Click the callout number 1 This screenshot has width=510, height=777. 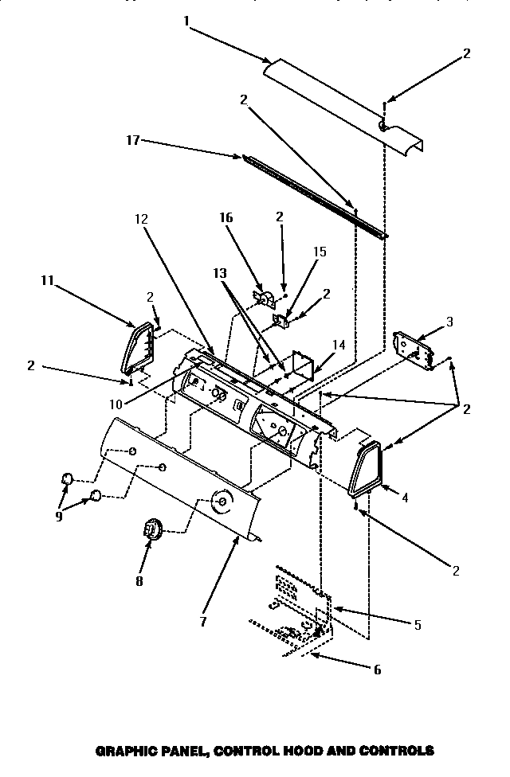click(186, 21)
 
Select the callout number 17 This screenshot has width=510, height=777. click(133, 141)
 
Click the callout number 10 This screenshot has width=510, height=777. click(116, 404)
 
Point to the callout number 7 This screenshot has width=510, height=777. click(202, 622)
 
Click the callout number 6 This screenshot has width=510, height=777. click(377, 670)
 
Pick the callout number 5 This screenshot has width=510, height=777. click(417, 625)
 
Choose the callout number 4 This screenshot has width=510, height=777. click(405, 498)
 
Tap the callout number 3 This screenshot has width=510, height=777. click(449, 322)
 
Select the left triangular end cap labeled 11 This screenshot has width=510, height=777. click(136, 348)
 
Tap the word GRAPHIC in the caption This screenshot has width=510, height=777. click(124, 750)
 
